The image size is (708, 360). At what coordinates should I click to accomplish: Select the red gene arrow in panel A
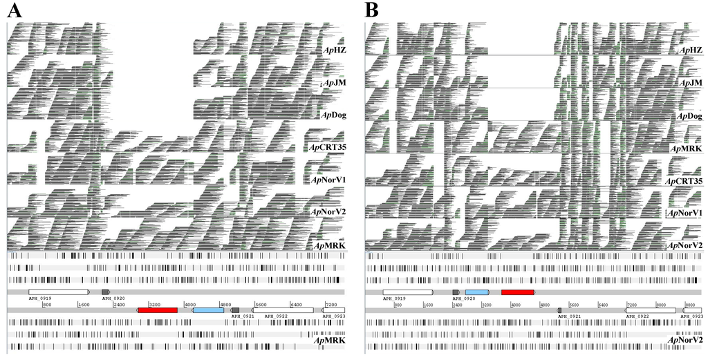pyautogui.click(x=158, y=310)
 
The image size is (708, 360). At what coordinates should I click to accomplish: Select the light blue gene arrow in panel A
pyautogui.click(x=209, y=310)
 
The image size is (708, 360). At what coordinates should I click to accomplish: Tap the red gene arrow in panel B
pyautogui.click(x=518, y=292)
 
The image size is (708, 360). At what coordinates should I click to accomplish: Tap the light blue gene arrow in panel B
pyautogui.click(x=478, y=292)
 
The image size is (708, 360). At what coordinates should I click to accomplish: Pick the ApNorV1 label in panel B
pyautogui.click(x=684, y=214)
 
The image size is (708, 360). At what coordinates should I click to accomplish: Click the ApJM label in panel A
pyautogui.click(x=335, y=83)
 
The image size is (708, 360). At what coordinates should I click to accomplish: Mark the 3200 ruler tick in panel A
pyautogui.click(x=154, y=304)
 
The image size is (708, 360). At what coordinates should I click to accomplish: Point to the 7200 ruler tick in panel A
pyautogui.click(x=330, y=304)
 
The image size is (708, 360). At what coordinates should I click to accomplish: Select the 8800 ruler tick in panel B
pyautogui.click(x=689, y=304)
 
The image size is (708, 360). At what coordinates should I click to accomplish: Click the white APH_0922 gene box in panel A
pyautogui.click(x=282, y=310)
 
